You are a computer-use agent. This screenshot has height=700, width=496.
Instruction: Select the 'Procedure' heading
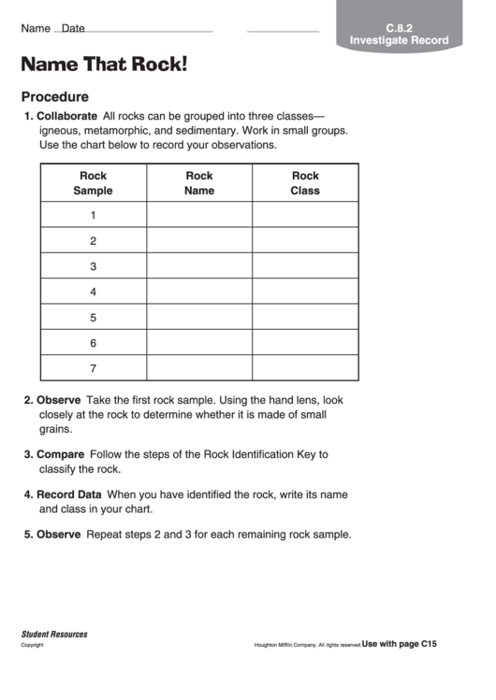coord(55,96)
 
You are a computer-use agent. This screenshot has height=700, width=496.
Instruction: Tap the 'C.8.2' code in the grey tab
coord(399,28)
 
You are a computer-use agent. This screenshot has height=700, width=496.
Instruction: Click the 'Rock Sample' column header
coord(93,183)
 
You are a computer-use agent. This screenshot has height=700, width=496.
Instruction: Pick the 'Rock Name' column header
coord(199,183)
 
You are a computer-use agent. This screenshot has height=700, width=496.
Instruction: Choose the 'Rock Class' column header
coord(305,183)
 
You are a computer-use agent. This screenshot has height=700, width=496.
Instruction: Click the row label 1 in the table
coord(93,216)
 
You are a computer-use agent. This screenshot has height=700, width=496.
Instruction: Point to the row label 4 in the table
coord(93,292)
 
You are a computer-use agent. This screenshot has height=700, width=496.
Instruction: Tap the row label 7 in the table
coord(93,368)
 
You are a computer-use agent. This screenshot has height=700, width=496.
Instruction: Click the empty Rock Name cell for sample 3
coord(199,266)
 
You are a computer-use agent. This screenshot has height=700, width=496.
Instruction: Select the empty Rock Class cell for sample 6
coord(305,343)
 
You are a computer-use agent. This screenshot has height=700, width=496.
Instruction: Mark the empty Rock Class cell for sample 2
coord(305,241)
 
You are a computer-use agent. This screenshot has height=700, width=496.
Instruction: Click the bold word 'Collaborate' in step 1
coord(66,117)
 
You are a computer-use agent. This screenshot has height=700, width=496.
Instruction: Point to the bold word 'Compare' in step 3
coord(59,454)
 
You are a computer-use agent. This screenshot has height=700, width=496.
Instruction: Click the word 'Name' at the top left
coord(36,29)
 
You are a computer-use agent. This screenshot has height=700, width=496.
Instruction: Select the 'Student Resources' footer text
coord(54,635)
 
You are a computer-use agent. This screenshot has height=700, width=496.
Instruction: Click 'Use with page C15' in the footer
coord(400,644)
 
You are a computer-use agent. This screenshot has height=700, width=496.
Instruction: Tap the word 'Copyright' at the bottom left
coord(33,645)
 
